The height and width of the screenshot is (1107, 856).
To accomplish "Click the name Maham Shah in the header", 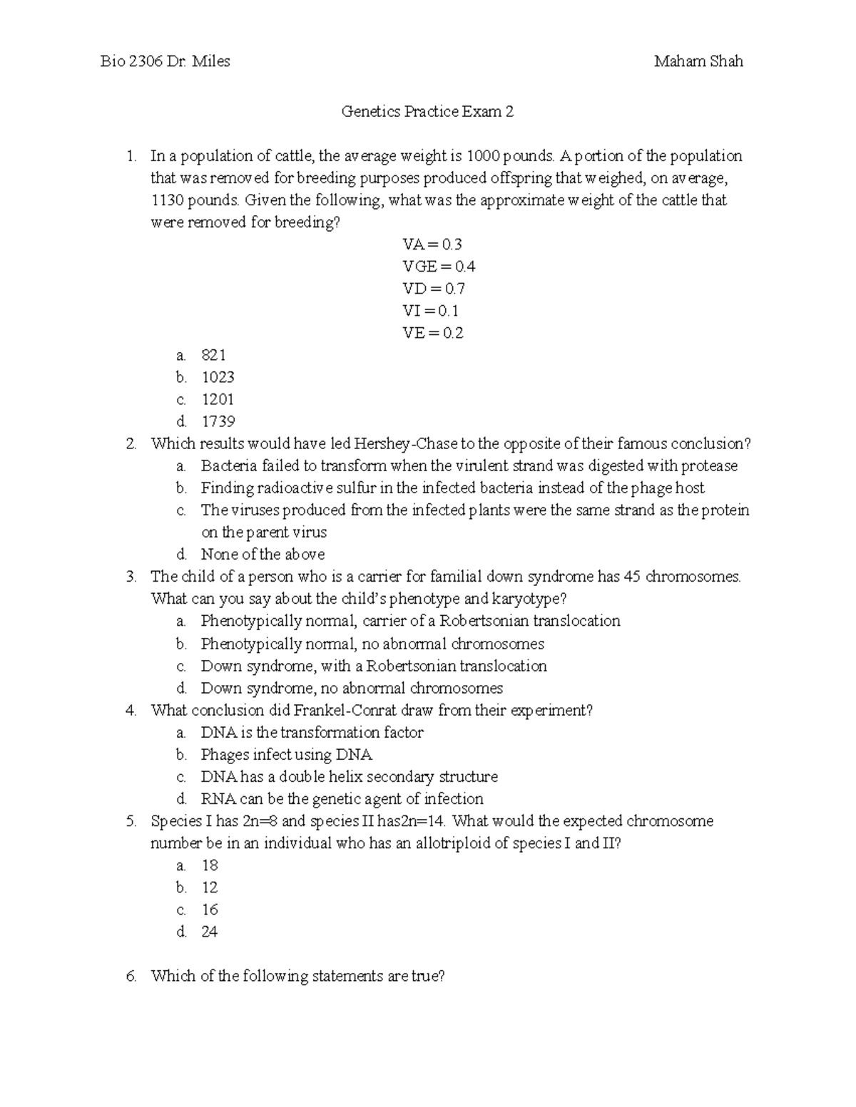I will click(698, 61).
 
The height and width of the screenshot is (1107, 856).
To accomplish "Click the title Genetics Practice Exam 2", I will click(427, 112).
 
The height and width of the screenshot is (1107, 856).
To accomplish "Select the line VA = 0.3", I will click(432, 244).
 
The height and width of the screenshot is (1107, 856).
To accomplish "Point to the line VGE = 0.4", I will click(438, 267).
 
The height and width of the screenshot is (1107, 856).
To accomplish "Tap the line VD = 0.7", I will click(433, 289).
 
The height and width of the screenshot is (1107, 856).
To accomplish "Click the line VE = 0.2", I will click(432, 333).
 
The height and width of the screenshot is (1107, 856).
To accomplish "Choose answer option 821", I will click(213, 355).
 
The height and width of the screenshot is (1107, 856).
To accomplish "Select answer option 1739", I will click(218, 421).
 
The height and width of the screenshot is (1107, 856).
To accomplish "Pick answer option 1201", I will click(218, 399).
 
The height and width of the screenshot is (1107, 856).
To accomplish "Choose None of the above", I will click(263, 555).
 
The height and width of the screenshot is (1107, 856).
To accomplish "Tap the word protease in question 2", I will click(709, 466).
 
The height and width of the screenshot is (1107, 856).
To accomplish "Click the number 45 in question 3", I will click(632, 577).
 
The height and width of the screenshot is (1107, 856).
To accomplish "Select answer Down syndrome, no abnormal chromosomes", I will click(352, 689).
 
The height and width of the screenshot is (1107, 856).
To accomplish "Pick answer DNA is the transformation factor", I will click(312, 733).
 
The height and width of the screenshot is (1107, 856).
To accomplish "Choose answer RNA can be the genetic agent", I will click(342, 799).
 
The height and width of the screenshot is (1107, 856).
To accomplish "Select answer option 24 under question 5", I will click(209, 932).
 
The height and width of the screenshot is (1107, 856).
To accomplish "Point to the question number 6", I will click(131, 977).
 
